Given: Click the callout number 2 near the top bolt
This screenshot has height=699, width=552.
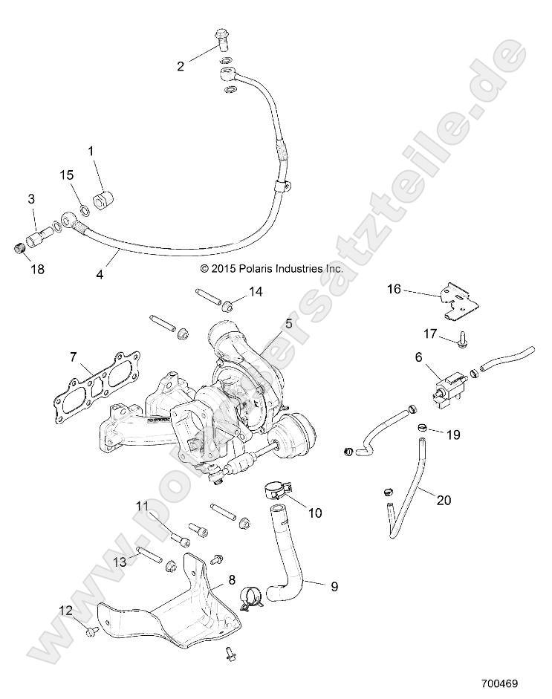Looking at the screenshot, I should tap(181, 66).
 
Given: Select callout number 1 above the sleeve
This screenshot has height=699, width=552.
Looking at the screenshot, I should tap(91, 151).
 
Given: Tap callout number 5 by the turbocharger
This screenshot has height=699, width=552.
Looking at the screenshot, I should tap(288, 324).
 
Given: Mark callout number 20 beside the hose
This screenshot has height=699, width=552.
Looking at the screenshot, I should tap(444, 501).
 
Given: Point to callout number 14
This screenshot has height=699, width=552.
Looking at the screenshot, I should tap(256, 293).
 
